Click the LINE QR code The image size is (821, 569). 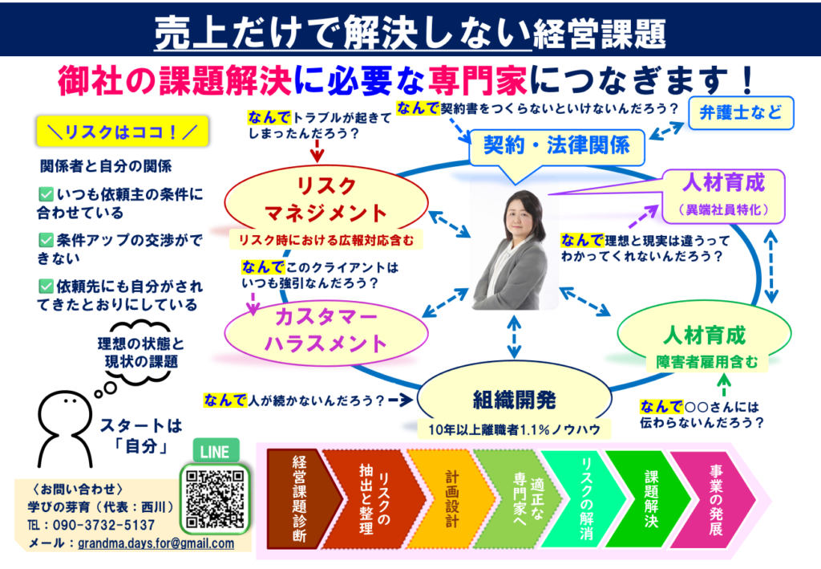pyautogui.click(x=215, y=499)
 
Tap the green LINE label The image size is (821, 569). pyautogui.click(x=215, y=451)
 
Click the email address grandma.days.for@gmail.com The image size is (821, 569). pyautogui.click(x=156, y=543)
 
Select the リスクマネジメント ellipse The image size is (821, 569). pyautogui.click(x=326, y=200)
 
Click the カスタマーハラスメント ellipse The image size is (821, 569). pyautogui.click(x=326, y=331)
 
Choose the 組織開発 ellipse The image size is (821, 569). pyautogui.click(x=514, y=399)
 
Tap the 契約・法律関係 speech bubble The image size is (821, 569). pyautogui.click(x=556, y=147)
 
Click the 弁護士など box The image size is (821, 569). pyautogui.click(x=740, y=112)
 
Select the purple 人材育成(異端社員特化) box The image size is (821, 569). pyautogui.click(x=724, y=196)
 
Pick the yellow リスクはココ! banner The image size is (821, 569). pyautogui.click(x=123, y=132)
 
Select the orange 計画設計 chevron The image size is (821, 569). pyautogui.click(x=451, y=499)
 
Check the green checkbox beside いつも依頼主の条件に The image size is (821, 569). pyautogui.click(x=46, y=194)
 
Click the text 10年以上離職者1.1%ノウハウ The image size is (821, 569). pyautogui.click(x=514, y=429)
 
